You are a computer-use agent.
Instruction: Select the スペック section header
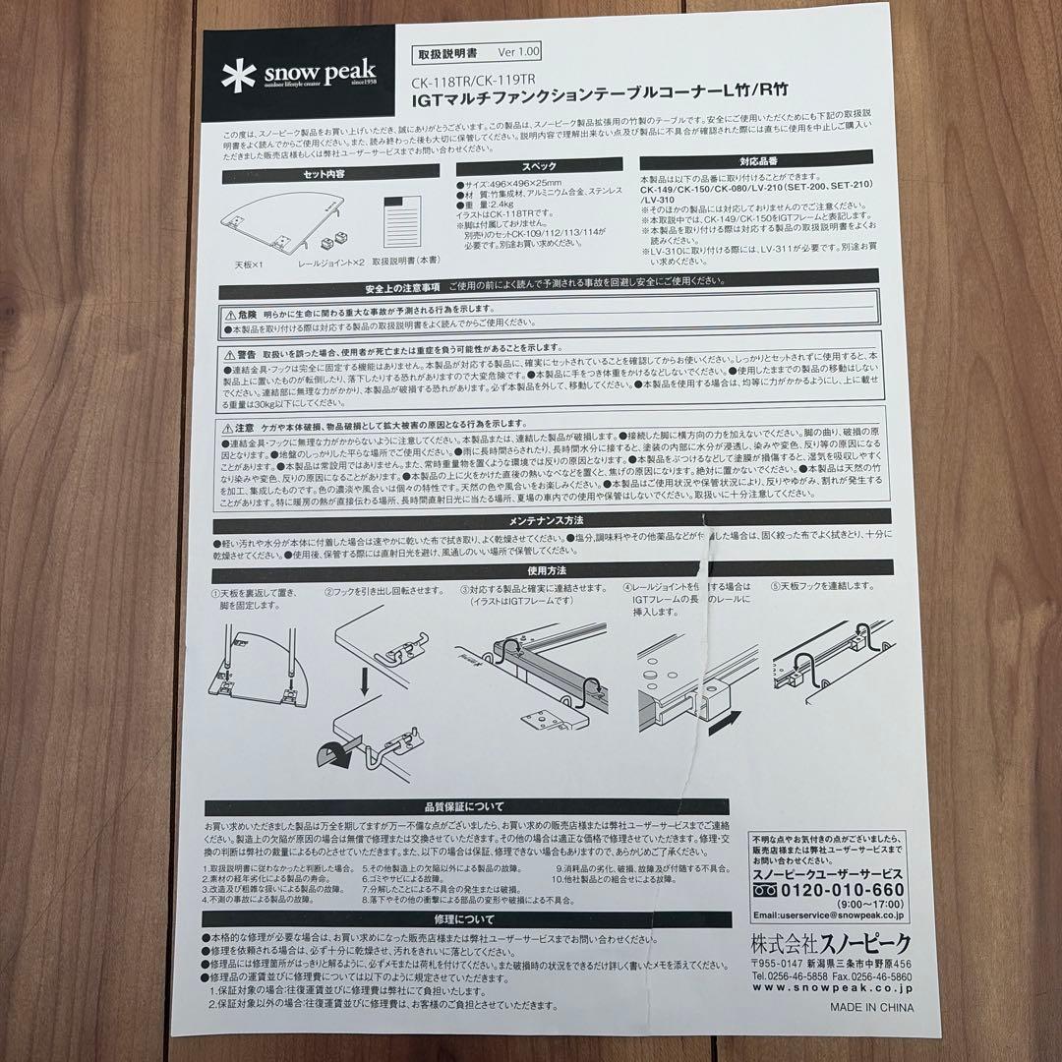pyautogui.click(x=538, y=167)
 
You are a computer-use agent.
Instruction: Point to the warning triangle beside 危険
pyautogui.click(x=229, y=308)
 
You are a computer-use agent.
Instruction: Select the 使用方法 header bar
pyautogui.click(x=545, y=570)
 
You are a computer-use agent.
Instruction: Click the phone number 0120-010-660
pyautogui.click(x=841, y=891)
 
